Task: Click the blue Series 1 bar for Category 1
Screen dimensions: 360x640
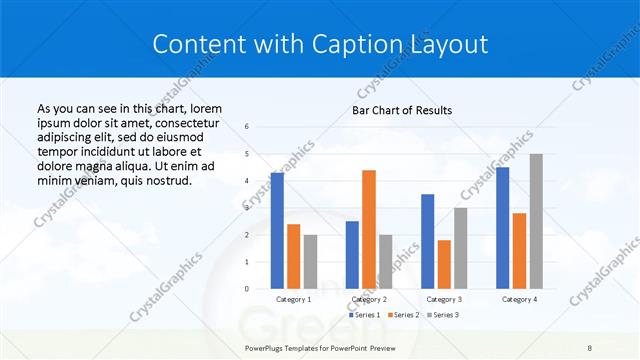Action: click(277, 231)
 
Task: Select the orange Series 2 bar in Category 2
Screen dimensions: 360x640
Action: click(369, 229)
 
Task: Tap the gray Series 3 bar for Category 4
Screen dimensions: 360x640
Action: click(536, 221)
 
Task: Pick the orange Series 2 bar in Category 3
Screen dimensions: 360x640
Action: click(444, 264)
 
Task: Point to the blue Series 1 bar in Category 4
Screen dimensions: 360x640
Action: click(502, 228)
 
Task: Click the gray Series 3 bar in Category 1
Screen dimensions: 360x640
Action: click(310, 262)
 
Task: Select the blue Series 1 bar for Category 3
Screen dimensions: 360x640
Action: click(427, 241)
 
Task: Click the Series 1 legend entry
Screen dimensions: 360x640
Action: click(365, 315)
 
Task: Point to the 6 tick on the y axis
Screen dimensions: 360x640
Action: click(247, 127)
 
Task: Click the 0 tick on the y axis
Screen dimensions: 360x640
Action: click(247, 289)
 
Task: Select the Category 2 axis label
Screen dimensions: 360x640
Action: click(369, 299)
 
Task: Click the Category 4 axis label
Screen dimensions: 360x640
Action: click(519, 299)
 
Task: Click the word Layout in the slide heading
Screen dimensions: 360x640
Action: click(447, 44)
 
